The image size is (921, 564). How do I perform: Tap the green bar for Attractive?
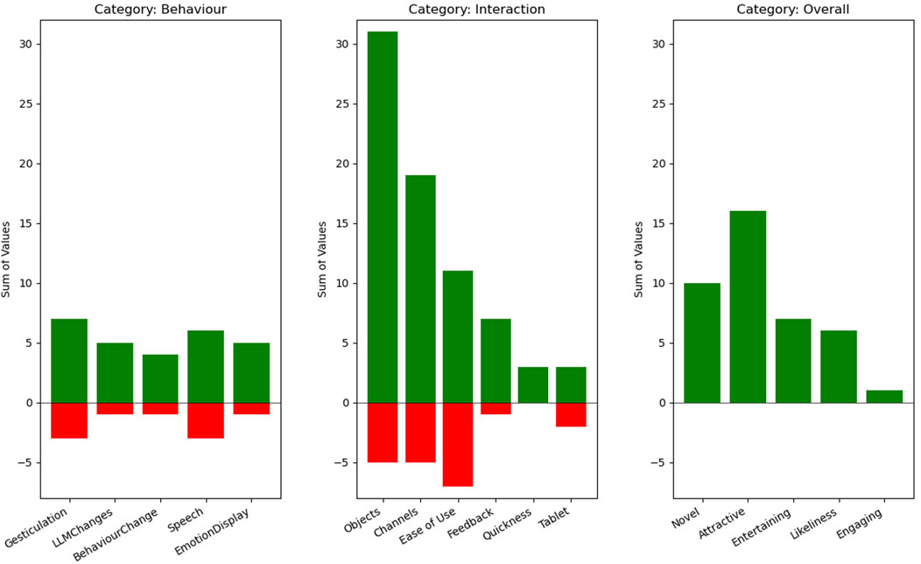pos(748,307)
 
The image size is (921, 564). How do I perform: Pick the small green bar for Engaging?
pos(883,397)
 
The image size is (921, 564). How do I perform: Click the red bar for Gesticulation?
pos(69,420)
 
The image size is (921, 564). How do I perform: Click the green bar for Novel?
pos(702,342)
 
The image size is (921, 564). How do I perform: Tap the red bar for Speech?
pos(206,420)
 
